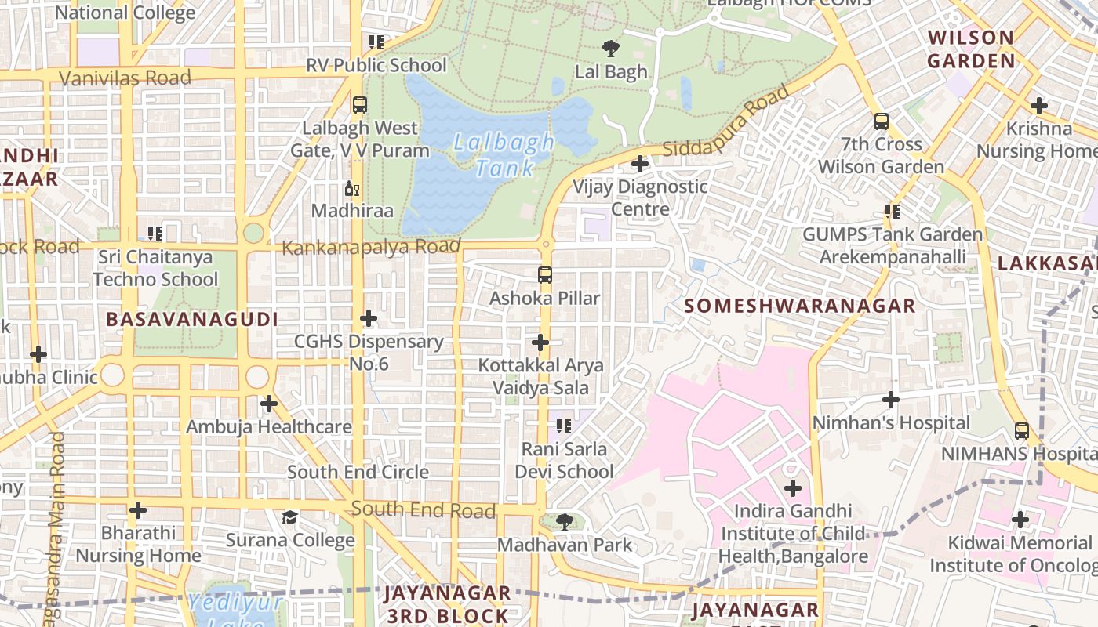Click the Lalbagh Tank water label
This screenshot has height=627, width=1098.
(x=504, y=155)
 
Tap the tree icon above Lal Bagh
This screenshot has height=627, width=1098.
(x=610, y=48)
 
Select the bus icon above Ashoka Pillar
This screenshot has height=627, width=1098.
(x=545, y=275)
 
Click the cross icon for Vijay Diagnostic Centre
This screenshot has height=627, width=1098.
(x=640, y=164)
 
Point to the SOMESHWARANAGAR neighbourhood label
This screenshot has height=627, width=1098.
(x=799, y=306)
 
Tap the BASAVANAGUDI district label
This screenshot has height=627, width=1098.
(x=192, y=319)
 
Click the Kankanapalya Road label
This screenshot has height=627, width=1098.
(x=370, y=248)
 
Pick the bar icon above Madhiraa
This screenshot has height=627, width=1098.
(x=352, y=189)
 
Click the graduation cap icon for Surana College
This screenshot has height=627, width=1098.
(x=290, y=517)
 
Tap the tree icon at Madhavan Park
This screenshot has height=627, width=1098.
(x=563, y=521)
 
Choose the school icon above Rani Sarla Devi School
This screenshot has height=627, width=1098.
(x=563, y=426)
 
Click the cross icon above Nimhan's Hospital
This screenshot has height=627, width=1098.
(x=890, y=400)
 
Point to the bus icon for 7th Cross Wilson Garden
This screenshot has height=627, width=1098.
(x=882, y=121)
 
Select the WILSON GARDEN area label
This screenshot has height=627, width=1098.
(x=971, y=49)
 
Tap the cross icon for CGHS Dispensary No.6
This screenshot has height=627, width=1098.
(x=369, y=318)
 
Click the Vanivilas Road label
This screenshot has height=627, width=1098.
(x=125, y=78)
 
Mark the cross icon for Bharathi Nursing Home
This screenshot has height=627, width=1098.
(x=138, y=511)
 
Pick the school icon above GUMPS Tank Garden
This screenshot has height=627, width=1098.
(x=892, y=211)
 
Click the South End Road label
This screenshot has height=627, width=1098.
(x=423, y=510)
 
